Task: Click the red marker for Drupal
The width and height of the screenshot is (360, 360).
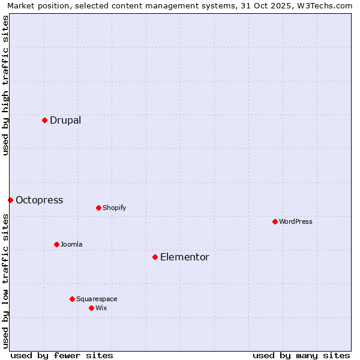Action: [x=44, y=120]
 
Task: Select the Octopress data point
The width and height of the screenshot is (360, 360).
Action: [x=10, y=200]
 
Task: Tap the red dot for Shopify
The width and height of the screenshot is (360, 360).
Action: [x=98, y=208]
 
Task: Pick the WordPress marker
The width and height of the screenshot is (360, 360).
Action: [x=275, y=221]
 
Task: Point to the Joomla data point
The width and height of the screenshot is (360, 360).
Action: [x=56, y=244]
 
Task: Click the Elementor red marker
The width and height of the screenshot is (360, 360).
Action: [x=155, y=257]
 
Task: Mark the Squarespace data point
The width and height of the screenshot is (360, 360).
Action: [x=72, y=299]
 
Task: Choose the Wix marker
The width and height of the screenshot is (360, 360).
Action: [x=91, y=308]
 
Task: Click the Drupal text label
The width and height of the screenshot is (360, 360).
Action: [x=65, y=120]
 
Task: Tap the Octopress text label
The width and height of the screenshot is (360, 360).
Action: [x=39, y=200]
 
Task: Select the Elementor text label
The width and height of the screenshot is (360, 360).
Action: [x=185, y=257]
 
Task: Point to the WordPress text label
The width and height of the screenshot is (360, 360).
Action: [x=296, y=221]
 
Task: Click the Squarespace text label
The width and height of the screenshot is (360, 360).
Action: [x=97, y=299]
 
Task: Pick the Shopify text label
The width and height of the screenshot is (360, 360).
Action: [x=114, y=208]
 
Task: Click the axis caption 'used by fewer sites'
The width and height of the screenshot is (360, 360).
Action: [x=62, y=355]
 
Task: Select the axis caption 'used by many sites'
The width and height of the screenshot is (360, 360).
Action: [x=301, y=355]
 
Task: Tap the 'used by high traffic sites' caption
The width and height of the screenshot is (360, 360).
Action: [x=5, y=85]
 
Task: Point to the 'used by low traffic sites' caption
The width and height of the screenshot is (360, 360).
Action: [x=5, y=280]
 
